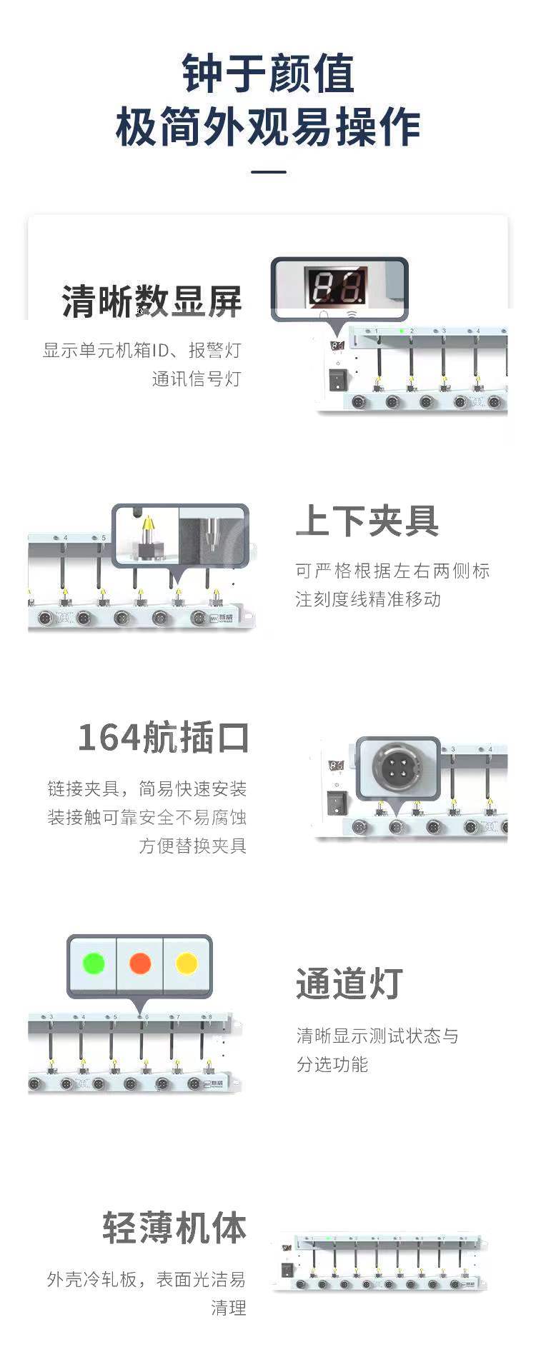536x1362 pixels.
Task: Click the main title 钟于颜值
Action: (x=268, y=73)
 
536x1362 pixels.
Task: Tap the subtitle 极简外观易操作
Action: (x=268, y=127)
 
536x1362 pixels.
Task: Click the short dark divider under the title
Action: (x=269, y=172)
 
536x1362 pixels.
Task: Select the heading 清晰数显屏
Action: (x=152, y=302)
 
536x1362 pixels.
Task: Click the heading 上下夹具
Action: (x=367, y=521)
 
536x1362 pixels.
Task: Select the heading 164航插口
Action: (x=163, y=738)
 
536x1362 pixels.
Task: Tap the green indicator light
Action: (x=94, y=963)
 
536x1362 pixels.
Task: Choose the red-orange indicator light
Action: (x=140, y=963)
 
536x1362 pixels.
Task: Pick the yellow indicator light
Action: (x=187, y=963)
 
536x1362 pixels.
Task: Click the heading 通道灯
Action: (x=349, y=983)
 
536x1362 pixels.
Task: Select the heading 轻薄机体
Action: (x=174, y=1228)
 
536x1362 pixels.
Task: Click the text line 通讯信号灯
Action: (x=197, y=379)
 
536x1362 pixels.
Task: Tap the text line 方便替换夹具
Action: (x=193, y=846)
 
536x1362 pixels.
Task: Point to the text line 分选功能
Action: (x=332, y=1064)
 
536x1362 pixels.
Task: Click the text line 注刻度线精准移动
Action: (x=369, y=599)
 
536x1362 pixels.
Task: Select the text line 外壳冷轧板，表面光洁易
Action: (x=147, y=1279)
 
